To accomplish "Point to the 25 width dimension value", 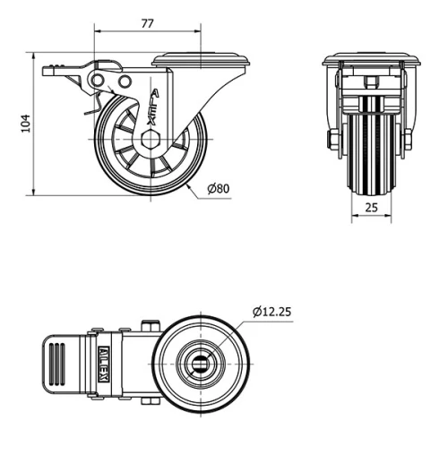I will (x=371, y=208).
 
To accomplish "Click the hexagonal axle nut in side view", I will (x=149, y=141).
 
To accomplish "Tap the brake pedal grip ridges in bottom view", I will (x=56, y=365).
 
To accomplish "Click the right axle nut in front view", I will (x=409, y=141).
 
